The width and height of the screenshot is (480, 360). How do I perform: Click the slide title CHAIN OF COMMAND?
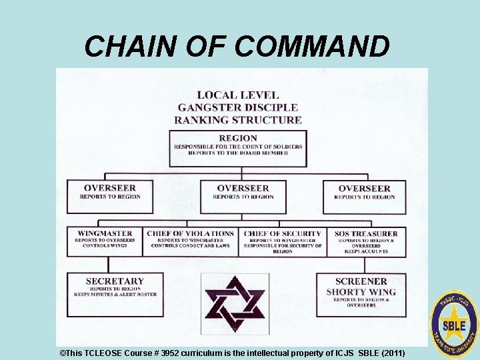point(237,46)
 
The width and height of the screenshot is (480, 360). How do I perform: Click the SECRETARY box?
point(115,293)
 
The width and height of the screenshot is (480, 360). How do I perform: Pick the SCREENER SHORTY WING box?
point(361,294)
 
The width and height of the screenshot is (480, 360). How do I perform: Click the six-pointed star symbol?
point(235,303)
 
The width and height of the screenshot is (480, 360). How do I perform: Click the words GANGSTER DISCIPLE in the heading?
point(238,107)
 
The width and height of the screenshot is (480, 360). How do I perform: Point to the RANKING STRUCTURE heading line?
point(238,120)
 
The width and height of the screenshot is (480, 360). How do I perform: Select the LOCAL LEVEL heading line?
point(238,95)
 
